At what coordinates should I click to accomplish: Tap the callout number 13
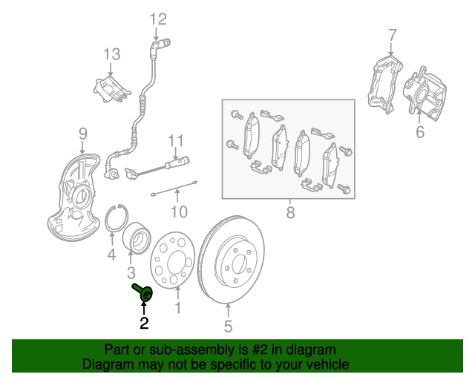tap(111, 53)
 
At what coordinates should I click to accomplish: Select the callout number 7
tap(393, 34)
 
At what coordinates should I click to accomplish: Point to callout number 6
tap(420, 133)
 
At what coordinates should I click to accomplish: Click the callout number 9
tap(82, 134)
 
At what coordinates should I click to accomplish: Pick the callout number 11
tap(174, 141)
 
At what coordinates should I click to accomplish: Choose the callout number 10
tap(178, 214)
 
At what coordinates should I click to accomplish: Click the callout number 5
tap(228, 326)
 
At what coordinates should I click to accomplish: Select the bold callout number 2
tap(143, 323)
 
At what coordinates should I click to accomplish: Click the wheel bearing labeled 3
tap(135, 237)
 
